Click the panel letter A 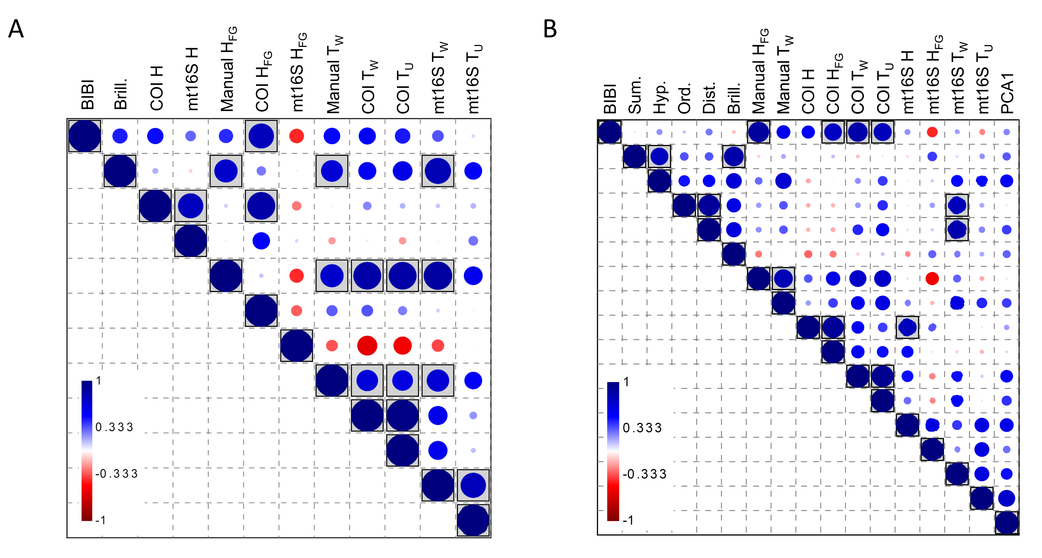(16, 29)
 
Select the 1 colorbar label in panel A (98, 381)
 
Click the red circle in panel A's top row (296, 136)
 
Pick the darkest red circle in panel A (367, 345)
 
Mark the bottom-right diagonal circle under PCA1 (1006, 523)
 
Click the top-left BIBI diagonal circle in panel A (85, 136)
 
